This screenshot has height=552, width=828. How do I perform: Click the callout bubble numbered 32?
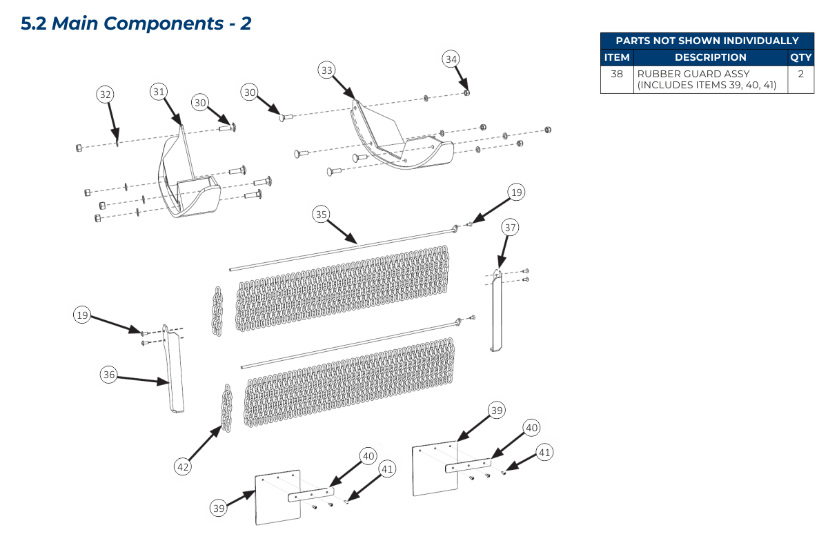click(x=105, y=95)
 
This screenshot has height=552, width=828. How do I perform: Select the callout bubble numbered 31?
click(x=159, y=91)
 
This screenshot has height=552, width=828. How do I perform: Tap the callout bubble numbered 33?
click(x=327, y=70)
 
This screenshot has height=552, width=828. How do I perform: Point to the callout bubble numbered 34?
click(x=451, y=59)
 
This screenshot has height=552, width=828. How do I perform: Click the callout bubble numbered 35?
click(x=321, y=215)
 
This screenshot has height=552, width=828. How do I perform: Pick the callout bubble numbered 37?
click(x=510, y=227)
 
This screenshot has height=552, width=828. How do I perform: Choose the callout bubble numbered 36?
click(x=108, y=375)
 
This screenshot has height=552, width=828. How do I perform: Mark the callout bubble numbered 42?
click(x=182, y=467)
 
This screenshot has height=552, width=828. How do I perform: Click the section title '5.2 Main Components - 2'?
click(x=136, y=23)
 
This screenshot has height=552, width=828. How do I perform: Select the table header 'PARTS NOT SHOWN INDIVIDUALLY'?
click(x=707, y=41)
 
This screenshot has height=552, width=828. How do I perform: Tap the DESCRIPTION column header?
click(x=710, y=57)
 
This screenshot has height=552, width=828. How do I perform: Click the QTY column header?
click(x=800, y=57)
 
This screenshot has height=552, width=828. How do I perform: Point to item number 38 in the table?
click(x=617, y=74)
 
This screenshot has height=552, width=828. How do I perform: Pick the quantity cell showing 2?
click(x=800, y=74)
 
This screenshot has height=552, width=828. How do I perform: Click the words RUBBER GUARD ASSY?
click(x=693, y=74)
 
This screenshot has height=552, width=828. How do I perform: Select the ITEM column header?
click(x=617, y=57)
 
